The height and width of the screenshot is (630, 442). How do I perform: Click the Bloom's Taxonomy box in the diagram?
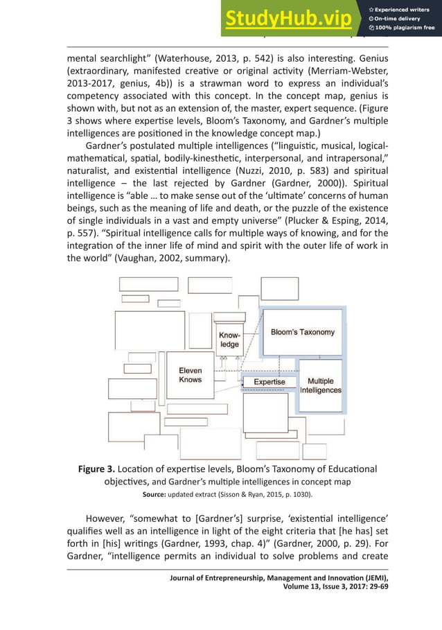point(302,332)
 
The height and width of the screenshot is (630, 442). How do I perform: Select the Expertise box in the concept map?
point(269,382)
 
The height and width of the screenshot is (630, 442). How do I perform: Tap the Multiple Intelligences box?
point(320,386)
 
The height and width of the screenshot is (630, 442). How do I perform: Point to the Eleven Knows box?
point(190,375)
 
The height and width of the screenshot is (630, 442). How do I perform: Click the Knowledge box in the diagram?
point(229,340)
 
